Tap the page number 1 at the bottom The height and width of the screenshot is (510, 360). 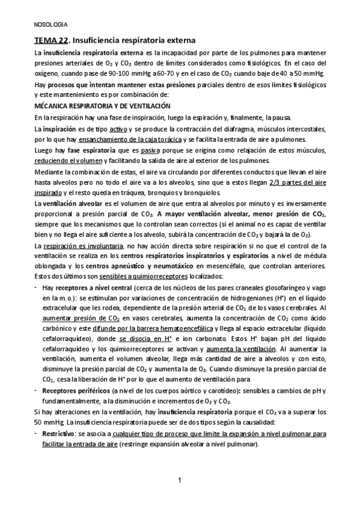pyautogui.click(x=180, y=480)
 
